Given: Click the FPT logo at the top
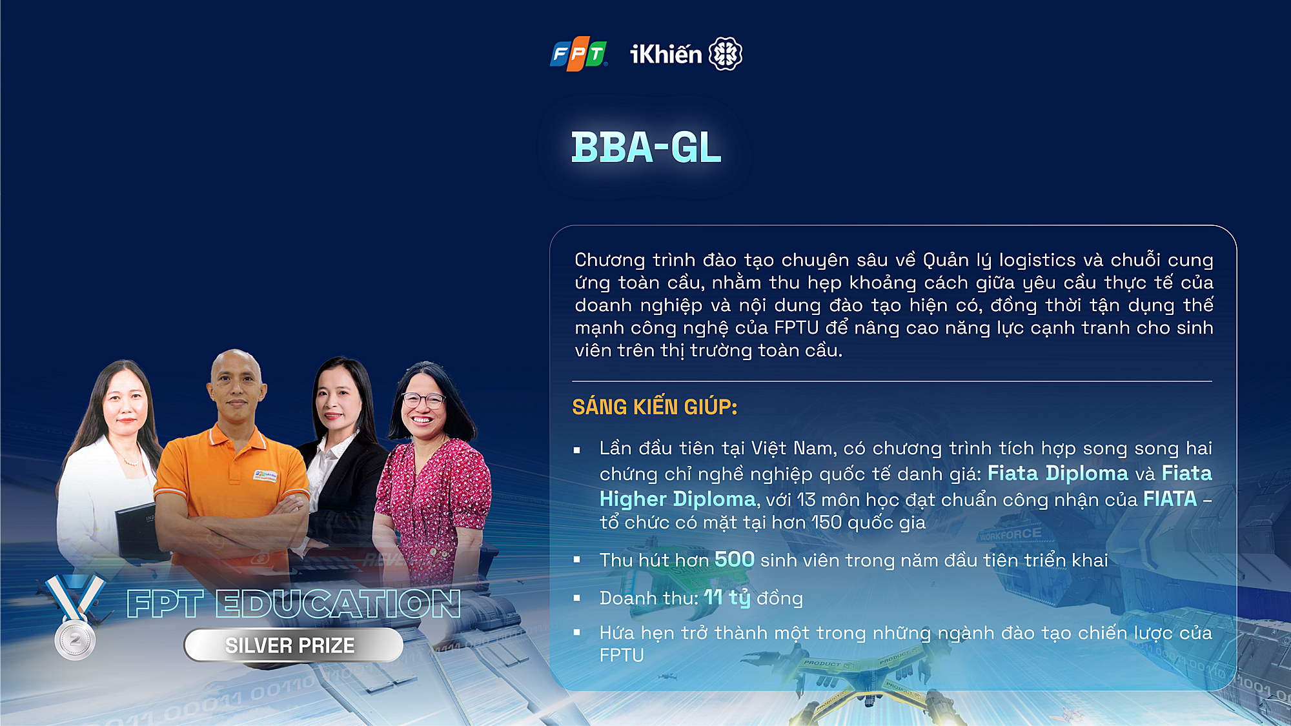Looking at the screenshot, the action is click(x=578, y=54).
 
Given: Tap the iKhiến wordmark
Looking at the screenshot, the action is click(x=666, y=54).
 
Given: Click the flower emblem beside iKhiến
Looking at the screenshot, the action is click(x=726, y=54).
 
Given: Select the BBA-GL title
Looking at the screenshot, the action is click(x=646, y=147).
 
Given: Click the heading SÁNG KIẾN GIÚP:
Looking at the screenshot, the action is click(x=655, y=407).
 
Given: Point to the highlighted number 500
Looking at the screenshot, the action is click(x=735, y=559).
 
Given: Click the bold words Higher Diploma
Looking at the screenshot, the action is click(x=677, y=499).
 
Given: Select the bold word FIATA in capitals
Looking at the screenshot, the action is click(x=1170, y=499).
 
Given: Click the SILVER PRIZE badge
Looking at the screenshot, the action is click(x=294, y=645).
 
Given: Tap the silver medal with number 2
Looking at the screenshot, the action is click(x=76, y=640).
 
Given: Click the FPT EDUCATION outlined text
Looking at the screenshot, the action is click(x=294, y=604).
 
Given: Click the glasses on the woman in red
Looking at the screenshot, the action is click(x=423, y=400).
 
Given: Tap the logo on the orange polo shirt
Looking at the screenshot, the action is click(x=265, y=476).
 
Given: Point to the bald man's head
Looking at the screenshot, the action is click(x=236, y=379).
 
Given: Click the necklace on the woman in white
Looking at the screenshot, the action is click(x=130, y=459).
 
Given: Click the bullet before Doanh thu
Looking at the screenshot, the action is click(x=577, y=598).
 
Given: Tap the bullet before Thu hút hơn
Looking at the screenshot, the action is click(x=577, y=560).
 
